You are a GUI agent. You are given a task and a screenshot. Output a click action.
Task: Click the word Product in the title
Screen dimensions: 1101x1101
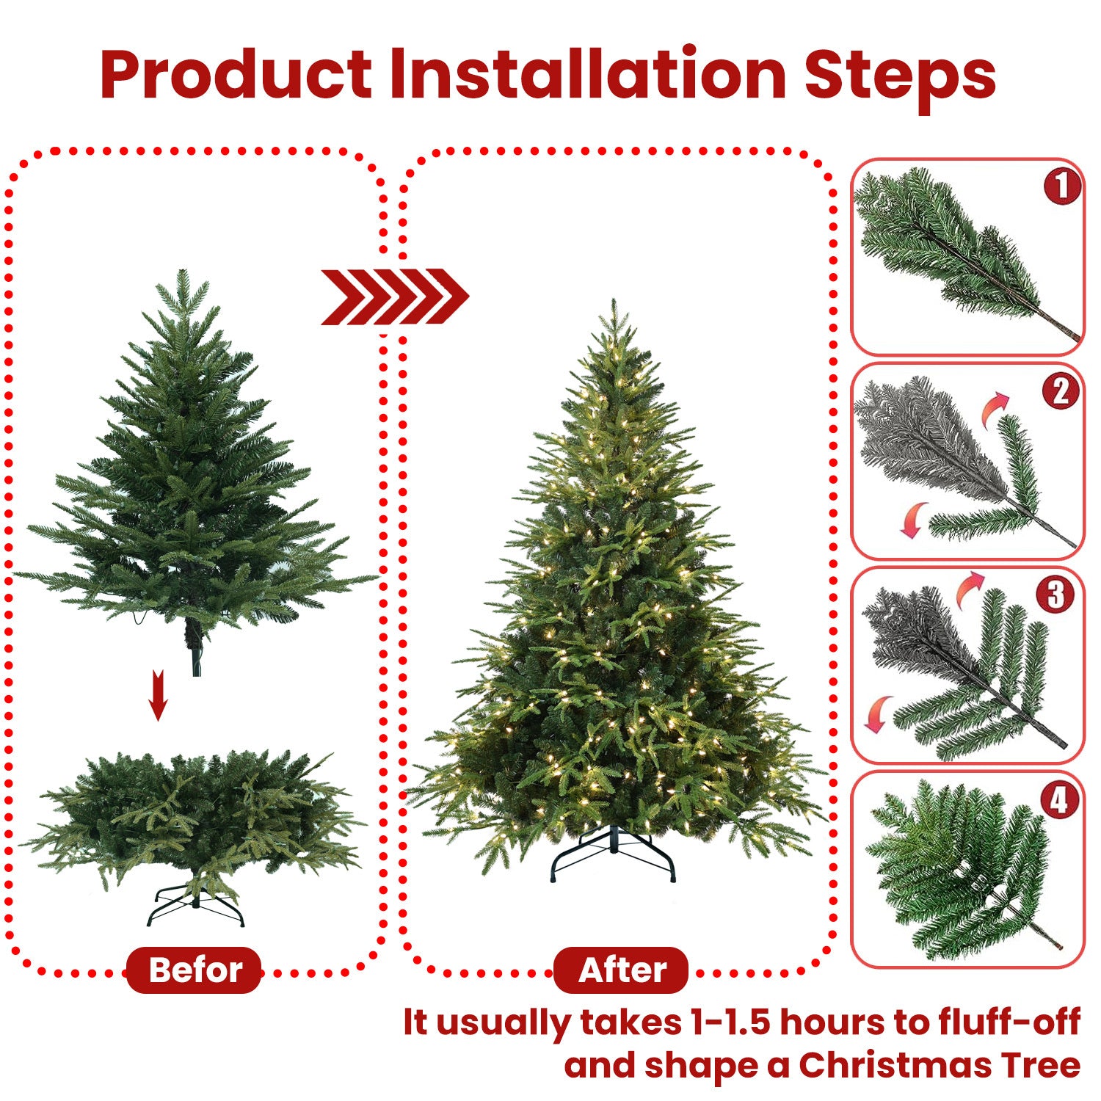pos(236,75)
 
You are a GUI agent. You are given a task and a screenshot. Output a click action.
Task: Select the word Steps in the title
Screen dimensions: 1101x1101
pos(900,75)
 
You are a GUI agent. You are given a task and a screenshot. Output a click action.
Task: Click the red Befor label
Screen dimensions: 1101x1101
pos(195,970)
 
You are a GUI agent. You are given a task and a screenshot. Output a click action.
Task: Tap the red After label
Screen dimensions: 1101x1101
pos(621,970)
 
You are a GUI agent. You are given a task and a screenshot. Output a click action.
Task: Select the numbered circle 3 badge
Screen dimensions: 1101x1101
pos(1055,594)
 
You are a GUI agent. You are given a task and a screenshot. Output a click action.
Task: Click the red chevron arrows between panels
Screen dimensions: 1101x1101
pos(394,297)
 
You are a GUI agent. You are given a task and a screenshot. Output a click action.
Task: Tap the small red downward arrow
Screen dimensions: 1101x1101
pos(158,695)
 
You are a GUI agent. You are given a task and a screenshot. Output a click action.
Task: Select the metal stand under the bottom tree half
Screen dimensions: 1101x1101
pos(195,907)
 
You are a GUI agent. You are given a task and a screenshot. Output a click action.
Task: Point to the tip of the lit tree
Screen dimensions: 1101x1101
pos(614,302)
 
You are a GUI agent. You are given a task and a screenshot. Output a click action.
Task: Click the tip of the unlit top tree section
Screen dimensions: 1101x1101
pos(183,272)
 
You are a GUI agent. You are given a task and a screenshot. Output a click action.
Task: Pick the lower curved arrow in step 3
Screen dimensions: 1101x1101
pos(877,714)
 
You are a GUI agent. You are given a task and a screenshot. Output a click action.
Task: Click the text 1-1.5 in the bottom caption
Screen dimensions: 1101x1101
pos(730,1022)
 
